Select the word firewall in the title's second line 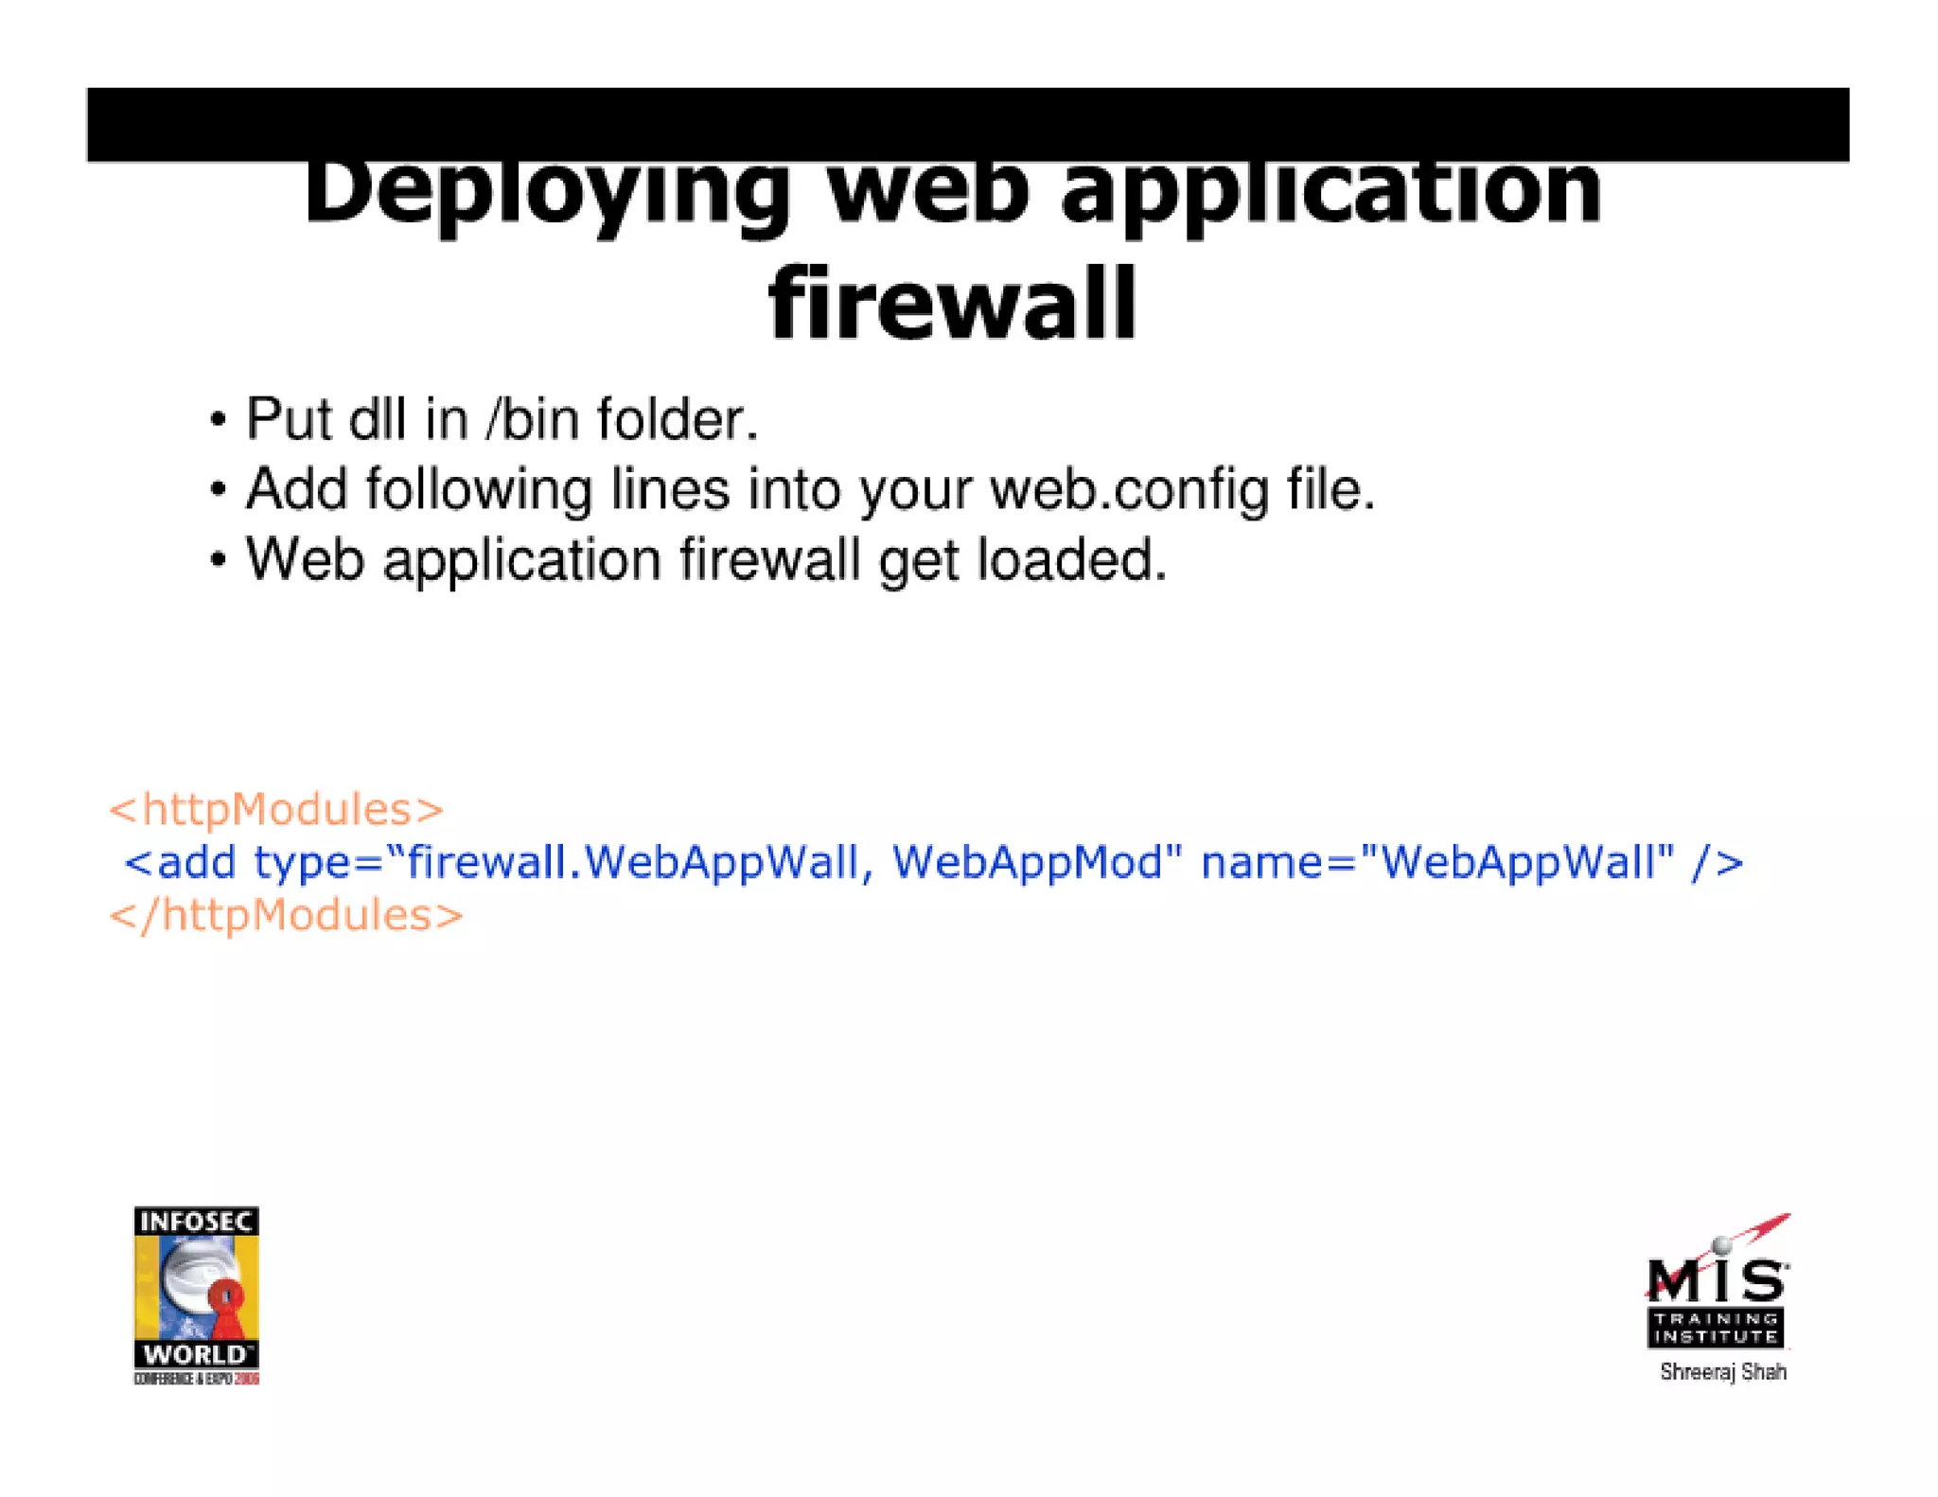952,305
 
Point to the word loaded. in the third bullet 1072,559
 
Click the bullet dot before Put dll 219,420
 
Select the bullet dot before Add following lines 219,490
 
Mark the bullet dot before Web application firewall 219,560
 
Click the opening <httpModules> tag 275,810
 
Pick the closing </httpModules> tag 286,916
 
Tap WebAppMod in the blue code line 1037,862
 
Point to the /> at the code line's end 1717,862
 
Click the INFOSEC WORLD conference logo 196,1294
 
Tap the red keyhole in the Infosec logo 225,1301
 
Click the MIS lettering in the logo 1717,1280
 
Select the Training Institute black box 1716,1328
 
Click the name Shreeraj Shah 1722,1372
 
